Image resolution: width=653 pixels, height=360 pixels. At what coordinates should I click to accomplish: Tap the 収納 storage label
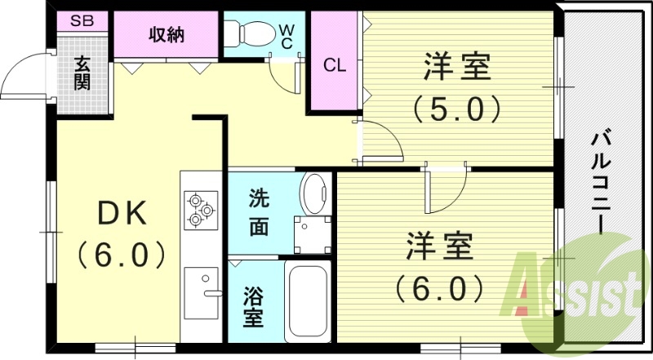(x=166, y=34)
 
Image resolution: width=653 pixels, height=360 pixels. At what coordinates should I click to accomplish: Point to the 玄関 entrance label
(x=82, y=73)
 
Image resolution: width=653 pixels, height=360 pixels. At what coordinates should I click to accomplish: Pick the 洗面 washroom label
(x=259, y=211)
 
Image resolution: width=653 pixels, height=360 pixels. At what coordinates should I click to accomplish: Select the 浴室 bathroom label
(x=255, y=306)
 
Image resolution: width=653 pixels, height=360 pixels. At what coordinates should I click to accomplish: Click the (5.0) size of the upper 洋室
(x=454, y=107)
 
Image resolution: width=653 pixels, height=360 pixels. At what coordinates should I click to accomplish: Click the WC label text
(x=287, y=33)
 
